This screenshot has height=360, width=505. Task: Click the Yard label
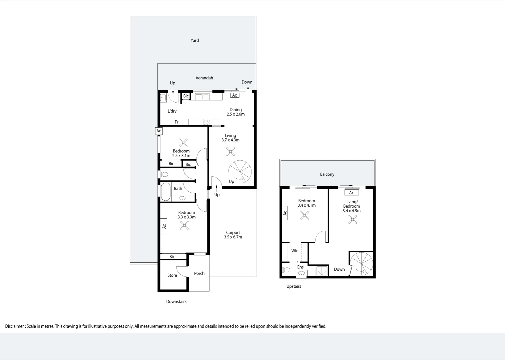click(195, 40)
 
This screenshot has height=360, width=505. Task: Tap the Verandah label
click(204, 78)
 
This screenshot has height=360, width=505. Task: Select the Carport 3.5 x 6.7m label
click(233, 235)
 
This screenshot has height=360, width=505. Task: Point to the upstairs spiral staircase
click(362, 263)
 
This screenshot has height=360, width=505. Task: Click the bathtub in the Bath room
click(165, 192)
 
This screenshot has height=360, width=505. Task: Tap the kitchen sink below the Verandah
click(202, 97)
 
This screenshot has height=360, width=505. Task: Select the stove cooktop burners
click(206, 122)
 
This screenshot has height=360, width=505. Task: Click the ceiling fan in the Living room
click(230, 152)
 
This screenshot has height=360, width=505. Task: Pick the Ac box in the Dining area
click(234, 95)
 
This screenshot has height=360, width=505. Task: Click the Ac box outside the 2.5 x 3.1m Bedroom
click(159, 131)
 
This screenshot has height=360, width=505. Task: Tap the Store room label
click(172, 275)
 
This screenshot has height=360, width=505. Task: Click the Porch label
click(199, 273)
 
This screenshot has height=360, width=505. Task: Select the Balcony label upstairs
click(327, 174)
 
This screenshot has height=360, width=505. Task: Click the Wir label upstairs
click(294, 251)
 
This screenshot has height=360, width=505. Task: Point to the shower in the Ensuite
click(322, 271)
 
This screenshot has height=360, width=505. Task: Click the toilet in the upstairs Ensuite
click(286, 269)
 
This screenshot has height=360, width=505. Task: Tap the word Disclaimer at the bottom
click(14, 326)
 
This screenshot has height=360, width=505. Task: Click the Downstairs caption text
click(176, 302)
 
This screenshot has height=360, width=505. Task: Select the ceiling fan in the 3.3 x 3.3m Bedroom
click(184, 225)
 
